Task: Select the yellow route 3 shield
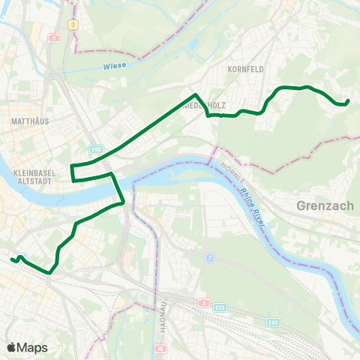tap(73, 24)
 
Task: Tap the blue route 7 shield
tap(211, 258)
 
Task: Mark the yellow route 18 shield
tap(160, 349)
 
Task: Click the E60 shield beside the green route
tap(95, 148)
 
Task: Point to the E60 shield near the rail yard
tap(274, 322)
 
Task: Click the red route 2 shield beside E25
tap(204, 303)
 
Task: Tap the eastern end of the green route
tap(349, 101)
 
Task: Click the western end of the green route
tap(13, 259)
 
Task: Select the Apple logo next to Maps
tap(12, 347)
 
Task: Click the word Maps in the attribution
tap(33, 347)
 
